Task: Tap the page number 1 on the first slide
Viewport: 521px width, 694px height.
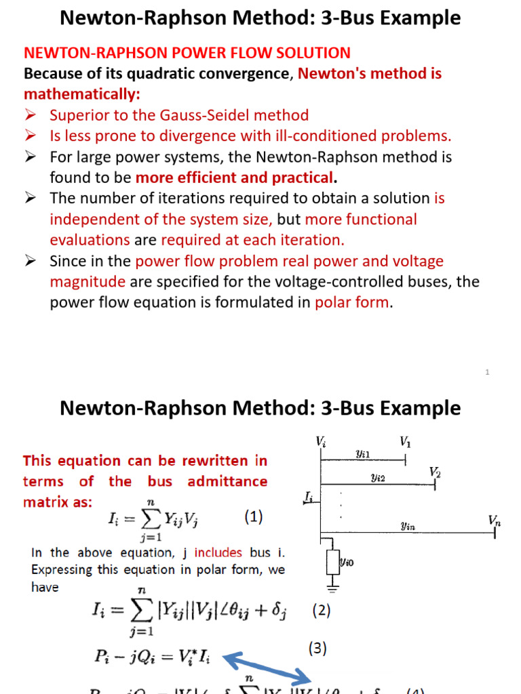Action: [x=487, y=372]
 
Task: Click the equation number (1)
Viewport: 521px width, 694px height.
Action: [x=253, y=517]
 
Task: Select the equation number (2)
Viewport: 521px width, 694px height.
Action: [x=321, y=611]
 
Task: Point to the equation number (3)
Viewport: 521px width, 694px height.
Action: [x=317, y=649]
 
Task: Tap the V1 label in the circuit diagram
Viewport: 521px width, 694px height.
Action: [x=405, y=443]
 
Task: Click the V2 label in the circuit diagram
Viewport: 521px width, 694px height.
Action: [x=435, y=472]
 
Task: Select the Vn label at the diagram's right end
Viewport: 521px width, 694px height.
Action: [x=495, y=520]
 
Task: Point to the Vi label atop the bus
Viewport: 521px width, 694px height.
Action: [x=321, y=441]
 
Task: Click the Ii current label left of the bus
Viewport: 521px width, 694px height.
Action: [x=309, y=499]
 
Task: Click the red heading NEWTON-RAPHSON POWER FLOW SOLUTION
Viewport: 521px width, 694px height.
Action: [x=187, y=53]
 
